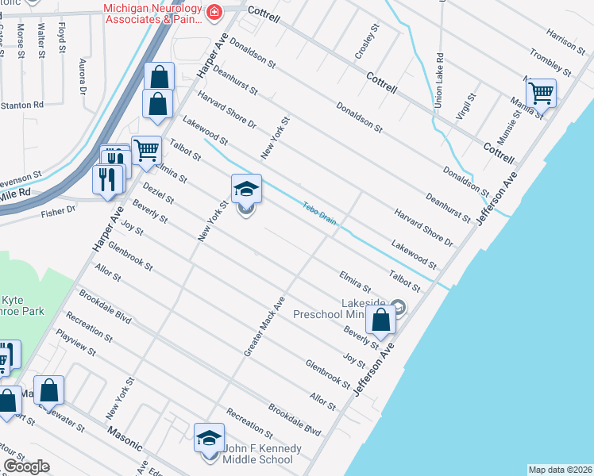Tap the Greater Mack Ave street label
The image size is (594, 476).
pos(268,325)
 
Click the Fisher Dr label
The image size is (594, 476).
pos(60,210)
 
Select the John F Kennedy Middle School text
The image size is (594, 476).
pos(262,454)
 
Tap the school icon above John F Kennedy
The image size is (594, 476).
pos(209,437)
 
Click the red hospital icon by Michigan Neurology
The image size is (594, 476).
pos(214,12)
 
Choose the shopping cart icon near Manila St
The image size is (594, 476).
pos(541,92)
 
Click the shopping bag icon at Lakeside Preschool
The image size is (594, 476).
pos(381,320)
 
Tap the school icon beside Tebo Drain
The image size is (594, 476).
pos(246,189)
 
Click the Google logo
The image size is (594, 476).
pos(26,466)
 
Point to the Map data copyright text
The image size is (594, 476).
pos(559,470)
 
